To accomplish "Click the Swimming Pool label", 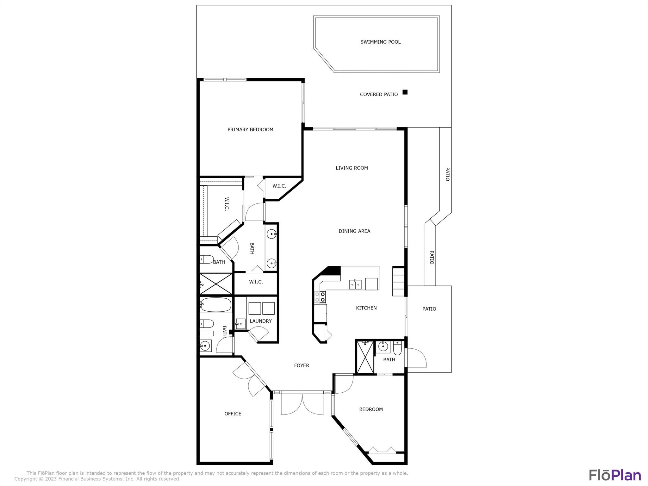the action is pyautogui.click(x=380, y=42).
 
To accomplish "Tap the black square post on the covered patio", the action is pyautogui.click(x=405, y=92).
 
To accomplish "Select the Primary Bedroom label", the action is pyautogui.click(x=250, y=129).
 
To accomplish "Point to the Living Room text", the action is pyautogui.click(x=352, y=168).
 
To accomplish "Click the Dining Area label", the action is pyautogui.click(x=354, y=231).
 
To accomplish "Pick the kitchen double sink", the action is pyautogui.click(x=355, y=284).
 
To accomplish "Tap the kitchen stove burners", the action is pyautogui.click(x=320, y=297).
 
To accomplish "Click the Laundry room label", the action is pyautogui.click(x=261, y=321).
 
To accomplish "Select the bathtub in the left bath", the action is pyautogui.click(x=216, y=305).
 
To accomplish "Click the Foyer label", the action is pyautogui.click(x=302, y=365).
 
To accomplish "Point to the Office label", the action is pyautogui.click(x=233, y=414).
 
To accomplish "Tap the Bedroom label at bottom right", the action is pyautogui.click(x=371, y=409).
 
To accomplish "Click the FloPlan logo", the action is pyautogui.click(x=615, y=475).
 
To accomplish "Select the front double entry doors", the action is pyautogui.click(x=302, y=403).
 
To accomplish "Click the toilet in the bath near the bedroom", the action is pyautogui.click(x=397, y=348).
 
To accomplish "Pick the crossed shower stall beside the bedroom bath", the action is pyautogui.click(x=365, y=357).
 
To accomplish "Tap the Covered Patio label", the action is pyautogui.click(x=379, y=94).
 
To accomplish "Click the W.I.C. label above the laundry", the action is pyautogui.click(x=256, y=282).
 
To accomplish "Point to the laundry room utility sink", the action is pyautogui.click(x=240, y=323).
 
